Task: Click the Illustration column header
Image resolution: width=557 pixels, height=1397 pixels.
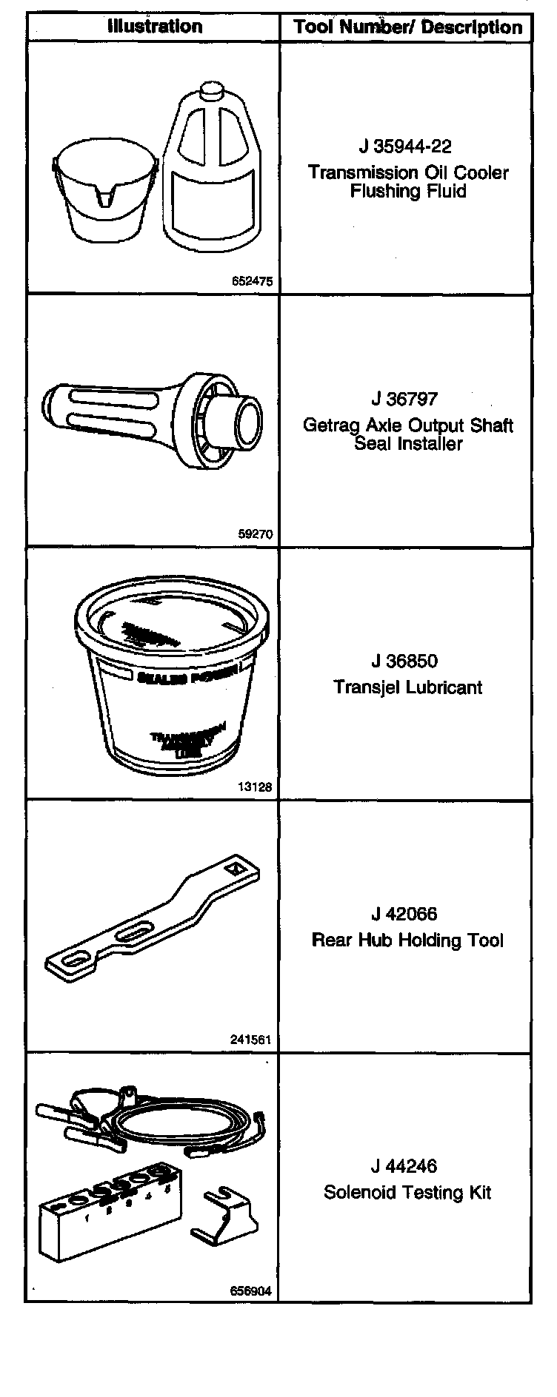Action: pyautogui.click(x=154, y=27)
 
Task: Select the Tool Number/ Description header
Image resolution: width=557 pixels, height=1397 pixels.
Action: pyautogui.click(x=407, y=28)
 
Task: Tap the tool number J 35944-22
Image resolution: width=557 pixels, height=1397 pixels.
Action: pyautogui.click(x=406, y=147)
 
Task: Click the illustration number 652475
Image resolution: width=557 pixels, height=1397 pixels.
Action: pyautogui.click(x=252, y=281)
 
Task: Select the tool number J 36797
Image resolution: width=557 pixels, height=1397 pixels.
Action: pyautogui.click(x=404, y=399)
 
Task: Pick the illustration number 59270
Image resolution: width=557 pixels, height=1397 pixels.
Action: pyautogui.click(x=256, y=534)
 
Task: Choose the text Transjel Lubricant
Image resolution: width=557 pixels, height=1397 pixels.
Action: pyautogui.click(x=407, y=687)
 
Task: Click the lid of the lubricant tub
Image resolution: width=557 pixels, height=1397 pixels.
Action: pyautogui.click(x=171, y=622)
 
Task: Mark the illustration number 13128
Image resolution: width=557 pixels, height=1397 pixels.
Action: pyautogui.click(x=255, y=787)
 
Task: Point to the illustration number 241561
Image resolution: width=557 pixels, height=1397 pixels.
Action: pyautogui.click(x=251, y=1040)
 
